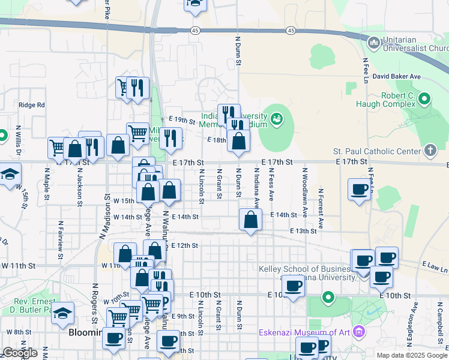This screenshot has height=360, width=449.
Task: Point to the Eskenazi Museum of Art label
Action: [x=304, y=332]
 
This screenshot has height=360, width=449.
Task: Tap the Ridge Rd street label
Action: [x=32, y=105]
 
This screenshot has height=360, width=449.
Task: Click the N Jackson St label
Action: [x=79, y=187]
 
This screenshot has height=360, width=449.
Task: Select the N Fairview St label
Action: [x=60, y=240]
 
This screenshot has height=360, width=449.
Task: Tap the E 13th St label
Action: [x=303, y=231]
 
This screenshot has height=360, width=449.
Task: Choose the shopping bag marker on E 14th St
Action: [x=250, y=220]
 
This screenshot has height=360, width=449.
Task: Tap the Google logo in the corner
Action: [x=20, y=353]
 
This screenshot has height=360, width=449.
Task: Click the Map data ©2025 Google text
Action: [x=412, y=355]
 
